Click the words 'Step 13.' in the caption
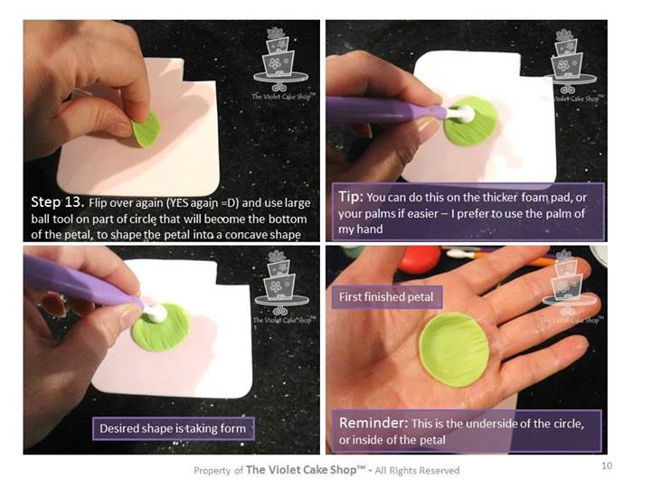click(x=58, y=202)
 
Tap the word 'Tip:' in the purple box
click(x=351, y=196)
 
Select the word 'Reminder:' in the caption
click(x=373, y=423)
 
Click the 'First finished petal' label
click(x=386, y=297)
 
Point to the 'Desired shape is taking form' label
click(x=173, y=428)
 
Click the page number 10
click(x=607, y=465)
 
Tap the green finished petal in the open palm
click(x=454, y=351)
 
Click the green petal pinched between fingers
click(x=146, y=129)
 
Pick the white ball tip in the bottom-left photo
click(x=156, y=313)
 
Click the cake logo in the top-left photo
click(x=281, y=63)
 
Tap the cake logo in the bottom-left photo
click(x=282, y=287)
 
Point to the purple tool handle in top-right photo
click(x=385, y=109)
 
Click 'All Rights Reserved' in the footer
click(x=417, y=470)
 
